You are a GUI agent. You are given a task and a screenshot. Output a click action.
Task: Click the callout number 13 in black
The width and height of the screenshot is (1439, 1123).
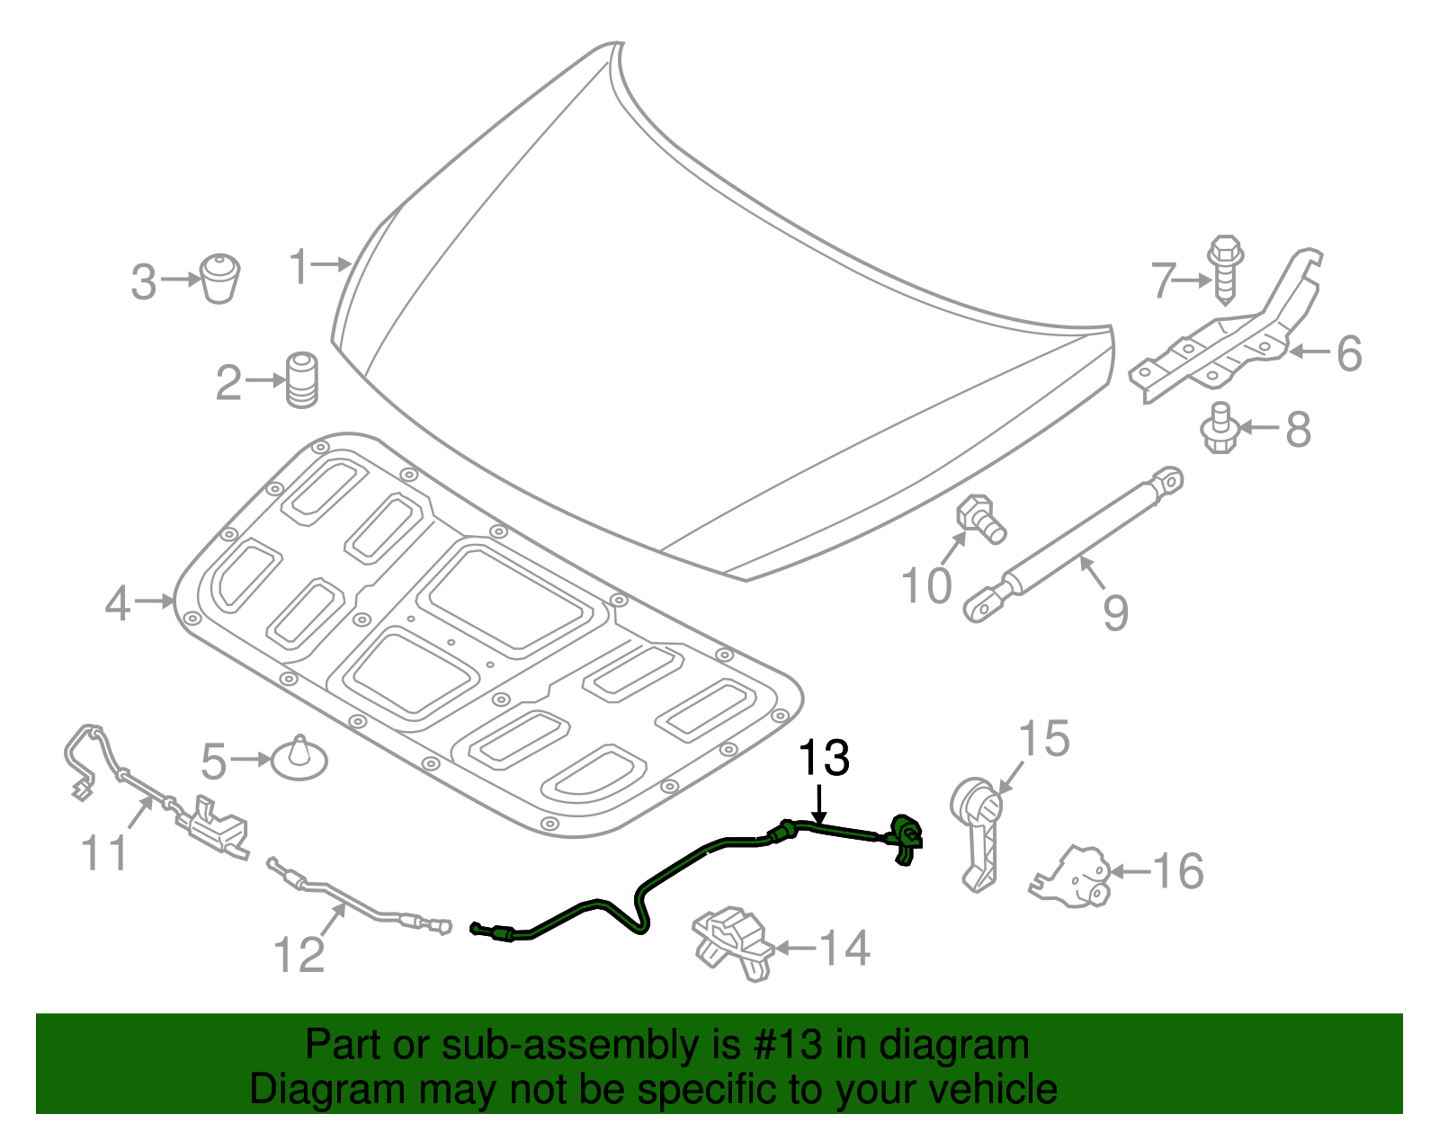pyautogui.click(x=824, y=758)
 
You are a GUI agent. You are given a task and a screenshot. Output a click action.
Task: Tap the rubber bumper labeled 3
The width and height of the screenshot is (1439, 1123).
pyautogui.click(x=219, y=278)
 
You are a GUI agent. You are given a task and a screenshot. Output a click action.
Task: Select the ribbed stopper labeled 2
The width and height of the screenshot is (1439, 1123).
pyautogui.click(x=302, y=380)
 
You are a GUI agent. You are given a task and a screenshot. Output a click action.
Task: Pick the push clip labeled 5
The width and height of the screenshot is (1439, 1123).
pyautogui.click(x=299, y=759)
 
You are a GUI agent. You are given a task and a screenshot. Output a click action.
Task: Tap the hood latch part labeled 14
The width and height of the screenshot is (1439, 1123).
pyautogui.click(x=733, y=944)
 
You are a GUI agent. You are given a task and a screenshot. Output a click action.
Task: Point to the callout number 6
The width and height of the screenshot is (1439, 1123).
pyautogui.click(x=1348, y=353)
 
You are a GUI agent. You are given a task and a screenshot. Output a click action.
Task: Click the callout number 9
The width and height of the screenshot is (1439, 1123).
pyautogui.click(x=1115, y=612)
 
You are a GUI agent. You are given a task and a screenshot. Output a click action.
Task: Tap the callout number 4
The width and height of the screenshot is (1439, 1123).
pyautogui.click(x=118, y=603)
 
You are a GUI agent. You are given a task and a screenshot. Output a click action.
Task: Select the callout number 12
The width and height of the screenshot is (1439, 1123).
pyautogui.click(x=299, y=954)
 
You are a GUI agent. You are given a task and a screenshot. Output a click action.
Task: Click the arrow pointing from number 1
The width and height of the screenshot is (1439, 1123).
pyautogui.click(x=333, y=264)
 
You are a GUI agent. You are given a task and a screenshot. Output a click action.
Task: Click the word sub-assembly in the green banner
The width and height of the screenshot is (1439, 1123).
pyautogui.click(x=544, y=1046)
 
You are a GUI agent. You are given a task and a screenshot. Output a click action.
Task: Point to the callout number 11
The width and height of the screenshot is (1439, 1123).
pyautogui.click(x=105, y=851)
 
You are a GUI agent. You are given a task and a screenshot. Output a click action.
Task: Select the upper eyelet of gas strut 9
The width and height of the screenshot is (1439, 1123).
pyautogui.click(x=1169, y=480)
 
